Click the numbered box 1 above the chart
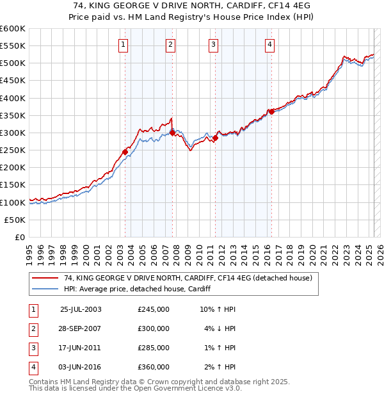pyautogui.click(x=122, y=44)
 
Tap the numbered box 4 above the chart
pyautogui.click(x=270, y=44)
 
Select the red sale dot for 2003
pyautogui.click(x=125, y=152)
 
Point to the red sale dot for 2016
pyautogui.click(x=271, y=111)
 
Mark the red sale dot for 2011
pyautogui.click(x=216, y=138)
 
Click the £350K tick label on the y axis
pyautogui.click(x=13, y=116)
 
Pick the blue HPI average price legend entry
pyautogui.click(x=141, y=289)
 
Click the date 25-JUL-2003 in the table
pyautogui.click(x=81, y=309)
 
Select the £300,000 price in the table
pyautogui.click(x=154, y=328)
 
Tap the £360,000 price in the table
pyautogui.click(x=154, y=367)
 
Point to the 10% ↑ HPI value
pyautogui.click(x=218, y=309)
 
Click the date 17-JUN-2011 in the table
pyautogui.click(x=81, y=348)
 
